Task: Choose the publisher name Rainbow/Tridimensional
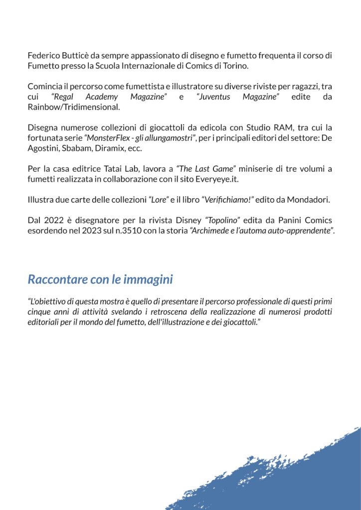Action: [73, 107]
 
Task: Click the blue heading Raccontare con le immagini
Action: [100, 279]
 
